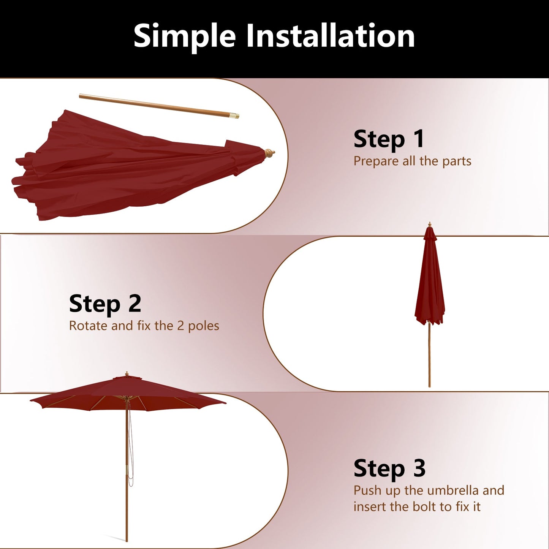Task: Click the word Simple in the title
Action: click(185, 36)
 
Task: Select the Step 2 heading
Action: click(105, 304)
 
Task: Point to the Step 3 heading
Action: click(389, 468)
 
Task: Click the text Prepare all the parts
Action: click(412, 161)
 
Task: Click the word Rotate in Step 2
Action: click(88, 326)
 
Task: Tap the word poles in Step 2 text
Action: click(204, 326)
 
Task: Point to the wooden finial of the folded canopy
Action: click(269, 153)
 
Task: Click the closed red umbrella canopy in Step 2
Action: click(429, 281)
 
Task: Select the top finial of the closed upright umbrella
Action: click(430, 225)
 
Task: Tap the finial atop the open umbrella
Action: click(127, 374)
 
